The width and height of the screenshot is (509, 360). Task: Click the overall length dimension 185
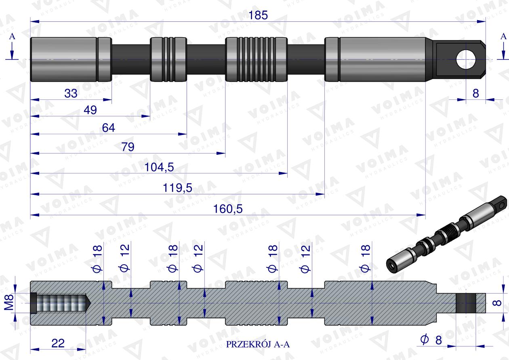259,15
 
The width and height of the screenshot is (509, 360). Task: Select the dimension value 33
71,93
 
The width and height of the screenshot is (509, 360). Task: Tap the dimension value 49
90,110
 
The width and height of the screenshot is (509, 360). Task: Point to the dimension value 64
109,128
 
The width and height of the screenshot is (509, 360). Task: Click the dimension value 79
128,147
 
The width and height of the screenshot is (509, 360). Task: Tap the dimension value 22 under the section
59,343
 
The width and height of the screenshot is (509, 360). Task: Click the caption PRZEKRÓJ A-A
258,345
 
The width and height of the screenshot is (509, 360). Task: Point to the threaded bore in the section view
61,303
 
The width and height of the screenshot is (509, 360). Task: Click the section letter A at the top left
12,36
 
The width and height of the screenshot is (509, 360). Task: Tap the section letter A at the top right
503,36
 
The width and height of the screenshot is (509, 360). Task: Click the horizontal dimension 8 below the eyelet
475,93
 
